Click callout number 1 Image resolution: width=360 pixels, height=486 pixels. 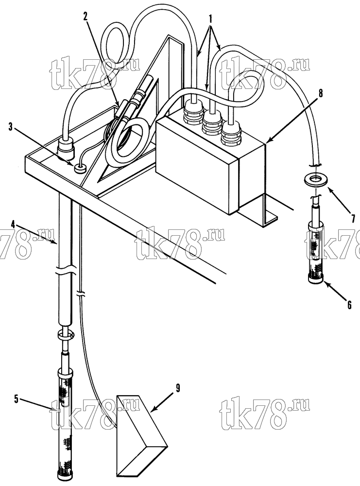click(x=210, y=20)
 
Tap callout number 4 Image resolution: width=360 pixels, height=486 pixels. click(x=13, y=224)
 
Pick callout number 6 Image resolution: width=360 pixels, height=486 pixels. click(x=349, y=305)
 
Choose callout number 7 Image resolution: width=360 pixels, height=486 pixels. click(x=353, y=218)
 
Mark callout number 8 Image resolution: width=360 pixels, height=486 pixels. click(x=320, y=93)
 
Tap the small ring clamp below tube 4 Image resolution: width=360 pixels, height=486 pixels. click(x=65, y=335)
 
